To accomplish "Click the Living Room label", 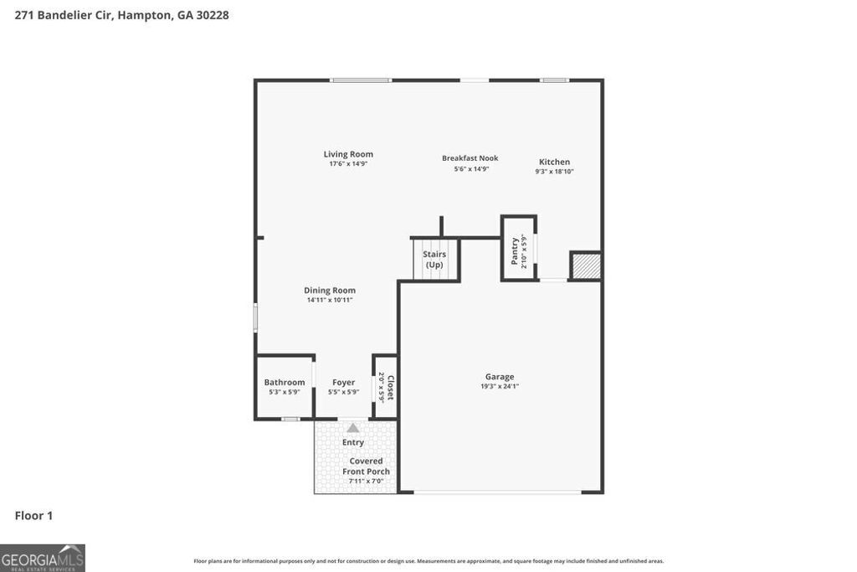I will pos(348,154).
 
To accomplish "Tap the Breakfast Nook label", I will pos(470,158).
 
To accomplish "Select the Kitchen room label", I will pos(554,162).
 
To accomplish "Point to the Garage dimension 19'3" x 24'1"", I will pos(500,386).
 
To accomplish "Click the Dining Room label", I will pos(330,291).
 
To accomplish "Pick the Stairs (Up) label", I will pos(434,260).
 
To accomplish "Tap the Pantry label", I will pos(515,250).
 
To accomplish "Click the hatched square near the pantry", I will pos(586,265).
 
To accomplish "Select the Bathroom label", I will pos(285,382).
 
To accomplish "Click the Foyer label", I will pos(343,382).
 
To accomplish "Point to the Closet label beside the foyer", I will pos(389,386).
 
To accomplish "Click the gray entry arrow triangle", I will pos(353,428).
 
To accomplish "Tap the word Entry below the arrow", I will pos(353,442).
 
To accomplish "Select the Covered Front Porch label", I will pos(366,466).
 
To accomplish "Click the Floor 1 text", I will pos(33,516).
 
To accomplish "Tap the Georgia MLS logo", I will pos(43,558).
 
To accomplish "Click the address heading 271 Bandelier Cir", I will pos(121,15).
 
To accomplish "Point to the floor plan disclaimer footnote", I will pos(428,561).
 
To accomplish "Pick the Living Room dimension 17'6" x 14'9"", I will pos(348,164).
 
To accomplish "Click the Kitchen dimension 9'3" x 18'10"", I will pos(554,172).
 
